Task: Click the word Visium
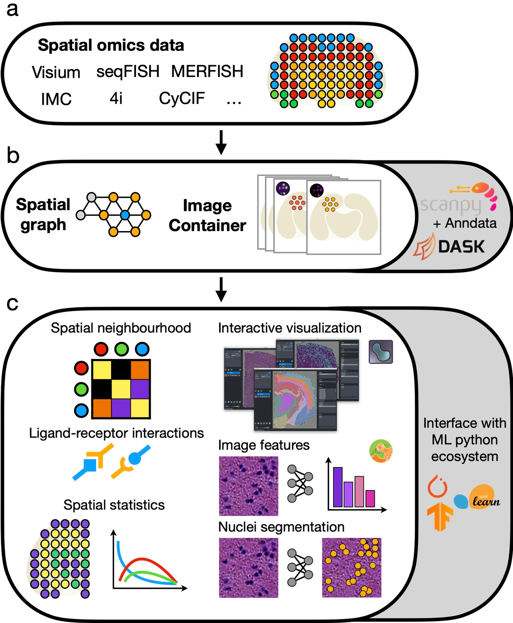(x=56, y=73)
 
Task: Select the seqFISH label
(x=128, y=72)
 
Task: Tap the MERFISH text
(x=207, y=71)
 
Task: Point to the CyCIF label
(x=182, y=98)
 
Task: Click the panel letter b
(x=13, y=156)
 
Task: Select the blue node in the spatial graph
(x=125, y=215)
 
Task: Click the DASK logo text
(x=461, y=247)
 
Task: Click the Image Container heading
(x=207, y=215)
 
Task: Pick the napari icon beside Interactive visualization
(x=380, y=352)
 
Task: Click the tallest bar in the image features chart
(x=338, y=487)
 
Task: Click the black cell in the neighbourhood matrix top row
(x=121, y=369)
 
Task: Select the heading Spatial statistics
(x=114, y=505)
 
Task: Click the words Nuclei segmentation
(x=281, y=527)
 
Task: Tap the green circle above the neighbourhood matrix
(x=121, y=349)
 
